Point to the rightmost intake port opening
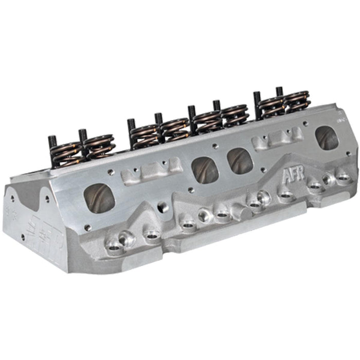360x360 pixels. [x=327, y=138]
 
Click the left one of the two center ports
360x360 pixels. [x=206, y=170]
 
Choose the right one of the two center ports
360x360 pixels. [x=240, y=161]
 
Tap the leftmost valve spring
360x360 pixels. [x=67, y=153]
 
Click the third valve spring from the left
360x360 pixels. [x=143, y=134]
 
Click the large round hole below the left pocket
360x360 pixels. [x=164, y=207]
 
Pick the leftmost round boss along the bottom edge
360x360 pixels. [x=115, y=246]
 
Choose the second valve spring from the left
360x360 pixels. [x=100, y=146]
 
